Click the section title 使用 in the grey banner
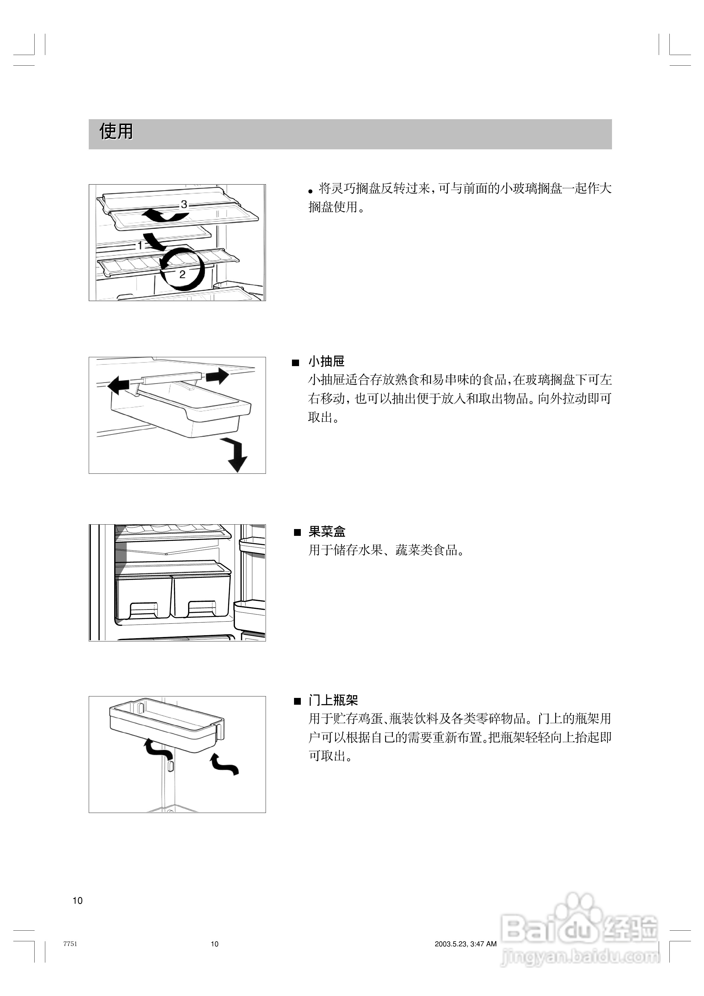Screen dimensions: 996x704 pyautogui.click(x=116, y=131)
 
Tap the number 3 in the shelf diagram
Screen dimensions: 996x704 pyautogui.click(x=184, y=204)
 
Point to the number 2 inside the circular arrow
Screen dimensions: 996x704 pyautogui.click(x=182, y=274)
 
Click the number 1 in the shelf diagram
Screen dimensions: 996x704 pyautogui.click(x=140, y=245)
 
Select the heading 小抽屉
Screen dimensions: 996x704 pyautogui.click(x=326, y=361)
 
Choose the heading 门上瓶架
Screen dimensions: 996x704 pyautogui.click(x=333, y=700)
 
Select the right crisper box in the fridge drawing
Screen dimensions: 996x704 pyautogui.click(x=201, y=596)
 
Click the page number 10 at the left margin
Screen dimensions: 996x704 pyautogui.click(x=77, y=900)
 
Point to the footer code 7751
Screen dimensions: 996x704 pyautogui.click(x=70, y=944)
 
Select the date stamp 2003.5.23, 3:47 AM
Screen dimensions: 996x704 pyautogui.click(x=465, y=944)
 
